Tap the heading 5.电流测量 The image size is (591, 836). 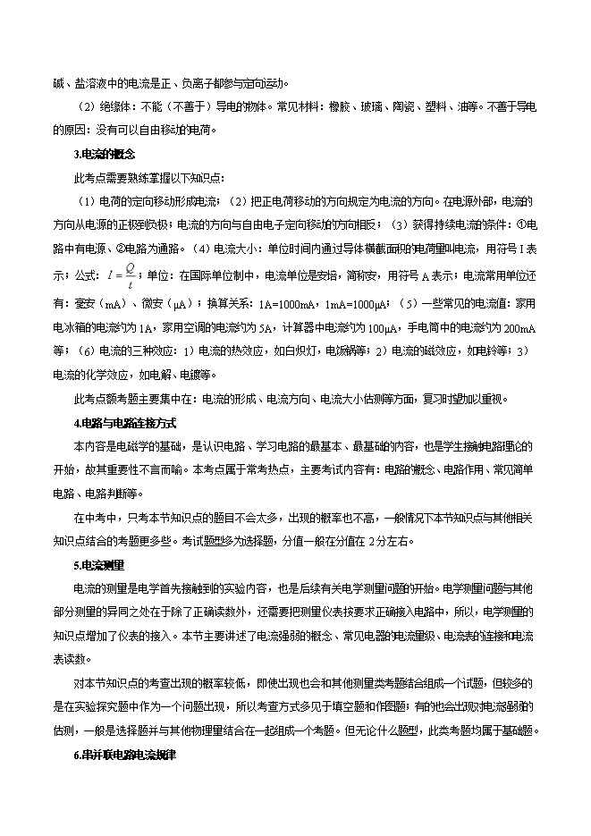pos(98,565)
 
